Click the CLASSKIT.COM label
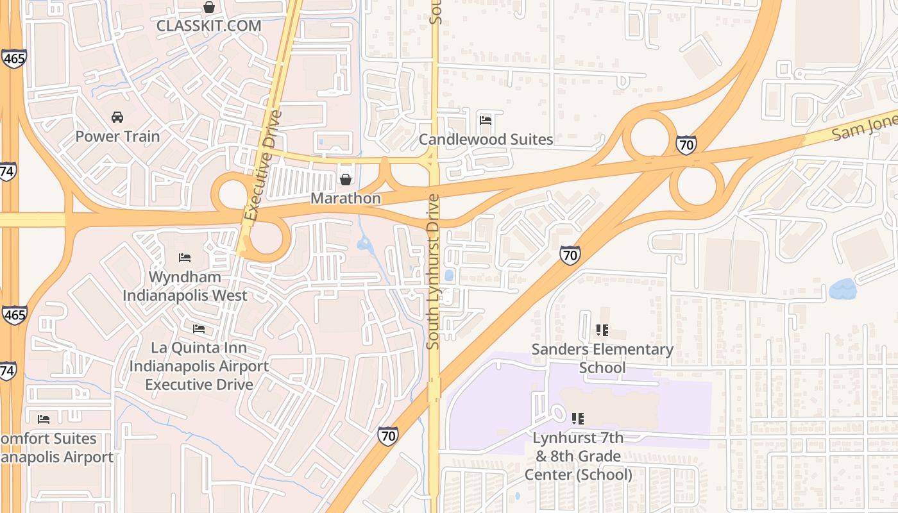[209, 26]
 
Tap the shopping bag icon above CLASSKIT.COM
[208, 8]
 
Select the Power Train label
[117, 136]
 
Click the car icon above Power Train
[117, 117]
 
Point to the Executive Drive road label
[264, 165]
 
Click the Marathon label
[346, 198]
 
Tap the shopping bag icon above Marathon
[346, 179]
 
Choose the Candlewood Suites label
[486, 139]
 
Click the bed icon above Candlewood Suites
[486, 120]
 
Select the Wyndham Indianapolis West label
[185, 286]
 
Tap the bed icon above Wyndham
[185, 258]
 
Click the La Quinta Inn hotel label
[199, 366]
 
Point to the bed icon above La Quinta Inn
[199, 329]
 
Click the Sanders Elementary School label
[602, 358]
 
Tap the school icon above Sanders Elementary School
[602, 330]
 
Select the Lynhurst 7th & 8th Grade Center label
[578, 456]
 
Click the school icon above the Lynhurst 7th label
[577, 419]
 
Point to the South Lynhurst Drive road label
[434, 271]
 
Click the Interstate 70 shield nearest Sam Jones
[686, 145]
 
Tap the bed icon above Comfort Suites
[44, 419]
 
